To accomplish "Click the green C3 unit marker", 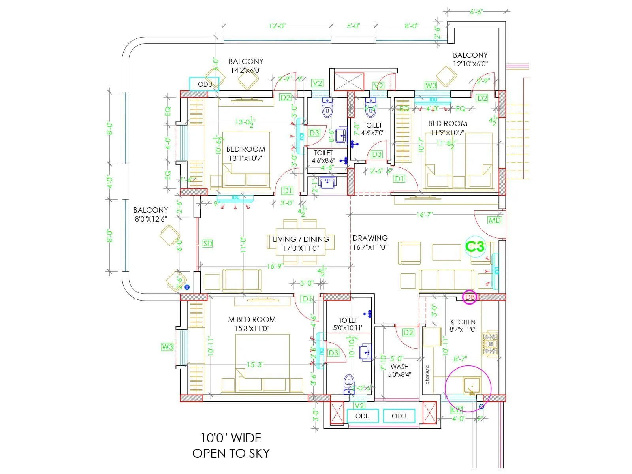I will coord(475,246).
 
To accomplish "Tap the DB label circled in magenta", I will coord(470,297).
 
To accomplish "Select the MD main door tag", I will coord(495,220).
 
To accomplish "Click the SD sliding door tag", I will coord(207,244).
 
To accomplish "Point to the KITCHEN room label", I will coord(463,322).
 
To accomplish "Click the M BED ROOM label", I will coord(252,319).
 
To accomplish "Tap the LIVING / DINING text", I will coord(301,239).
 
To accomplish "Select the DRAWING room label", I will coord(370,238).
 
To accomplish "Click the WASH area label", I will coord(399,367).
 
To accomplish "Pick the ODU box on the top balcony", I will coord(204,84).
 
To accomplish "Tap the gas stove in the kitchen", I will coord(490,344).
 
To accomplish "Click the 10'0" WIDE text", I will coord(231,438).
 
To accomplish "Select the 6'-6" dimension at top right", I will coord(476,12).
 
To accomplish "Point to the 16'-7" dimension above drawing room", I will coord(424,214).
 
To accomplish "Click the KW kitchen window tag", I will coord(456,410).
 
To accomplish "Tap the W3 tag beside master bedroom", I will coord(167,347).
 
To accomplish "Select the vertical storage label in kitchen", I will coord(427,374).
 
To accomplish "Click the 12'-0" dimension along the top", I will coord(277,26).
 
